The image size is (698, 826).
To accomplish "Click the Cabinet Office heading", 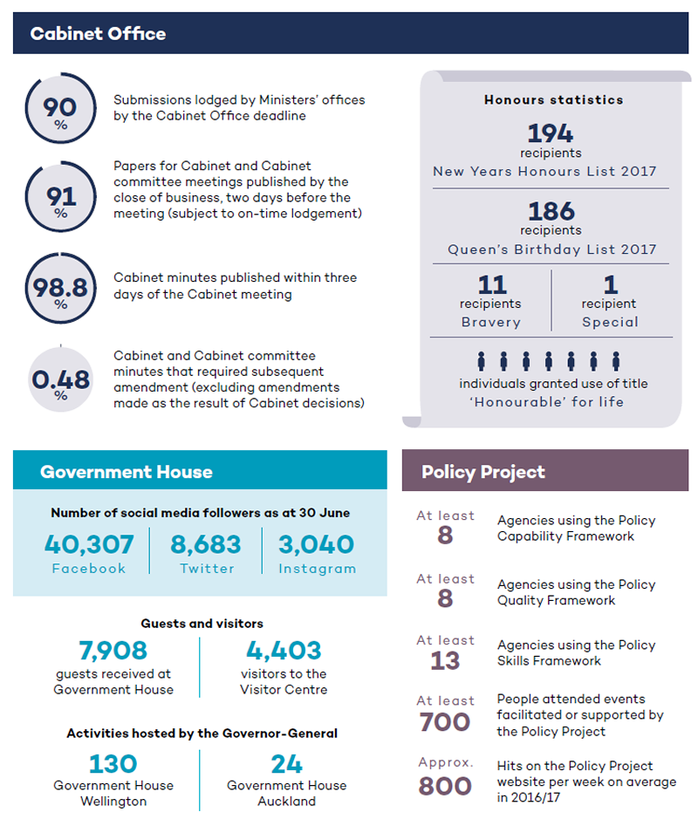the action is [x=98, y=34].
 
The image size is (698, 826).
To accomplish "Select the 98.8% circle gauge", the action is [x=60, y=254].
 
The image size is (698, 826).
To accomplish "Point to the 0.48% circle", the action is [x=60, y=379].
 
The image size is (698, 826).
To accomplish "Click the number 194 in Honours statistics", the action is [x=551, y=133].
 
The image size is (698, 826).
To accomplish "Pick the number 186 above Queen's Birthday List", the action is [x=551, y=211].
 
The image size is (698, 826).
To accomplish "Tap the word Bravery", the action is [x=491, y=322].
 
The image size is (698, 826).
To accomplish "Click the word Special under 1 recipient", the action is [x=610, y=322].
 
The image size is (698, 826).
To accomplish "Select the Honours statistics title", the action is [x=554, y=99].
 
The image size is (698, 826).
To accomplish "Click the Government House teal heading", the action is [x=127, y=472].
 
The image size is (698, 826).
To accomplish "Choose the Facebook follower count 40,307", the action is [x=89, y=544].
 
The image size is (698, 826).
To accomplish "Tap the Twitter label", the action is [x=207, y=569].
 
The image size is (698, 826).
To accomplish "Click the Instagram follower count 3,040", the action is [x=316, y=544].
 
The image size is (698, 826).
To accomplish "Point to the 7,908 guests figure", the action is [x=113, y=650].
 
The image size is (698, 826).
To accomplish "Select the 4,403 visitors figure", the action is [x=284, y=650].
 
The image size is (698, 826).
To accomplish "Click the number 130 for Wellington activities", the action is [x=113, y=764].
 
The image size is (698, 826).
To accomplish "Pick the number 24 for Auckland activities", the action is [x=286, y=764].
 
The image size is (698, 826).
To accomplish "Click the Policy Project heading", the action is [x=483, y=472].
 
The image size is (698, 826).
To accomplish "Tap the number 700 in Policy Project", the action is [x=445, y=721].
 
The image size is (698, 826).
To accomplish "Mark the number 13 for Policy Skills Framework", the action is [x=445, y=660].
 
